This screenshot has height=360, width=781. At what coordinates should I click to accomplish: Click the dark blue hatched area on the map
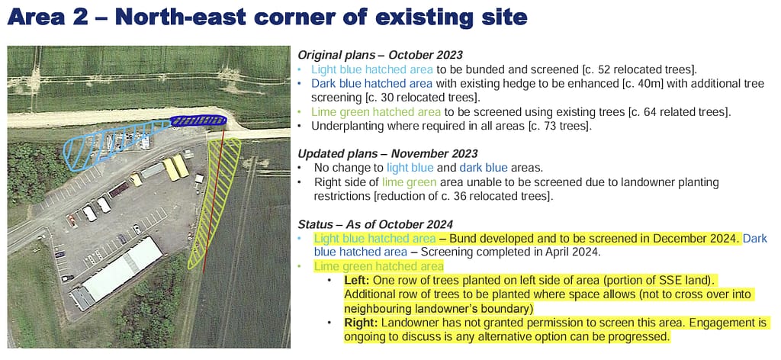tap(198, 120)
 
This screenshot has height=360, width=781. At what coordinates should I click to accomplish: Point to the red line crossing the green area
tap(214, 199)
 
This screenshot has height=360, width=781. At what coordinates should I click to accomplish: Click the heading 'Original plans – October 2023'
tap(380, 55)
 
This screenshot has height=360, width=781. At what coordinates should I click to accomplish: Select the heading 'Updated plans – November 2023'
tap(387, 154)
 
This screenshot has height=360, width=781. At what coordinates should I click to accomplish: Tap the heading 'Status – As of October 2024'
tap(375, 224)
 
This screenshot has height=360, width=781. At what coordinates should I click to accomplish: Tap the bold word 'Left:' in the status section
tap(356, 280)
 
